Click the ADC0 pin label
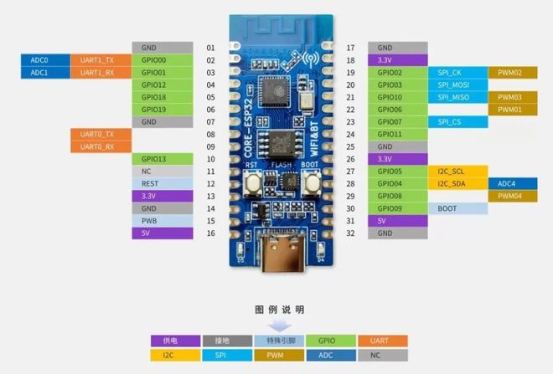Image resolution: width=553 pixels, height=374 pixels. (x=45, y=60)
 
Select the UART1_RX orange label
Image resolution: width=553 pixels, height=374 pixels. (x=101, y=73)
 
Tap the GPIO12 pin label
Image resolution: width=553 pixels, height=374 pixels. (x=163, y=85)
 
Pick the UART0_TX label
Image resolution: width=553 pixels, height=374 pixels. (x=101, y=134)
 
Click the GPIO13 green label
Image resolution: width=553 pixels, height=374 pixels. (x=163, y=159)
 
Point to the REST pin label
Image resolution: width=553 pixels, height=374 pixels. (x=163, y=183)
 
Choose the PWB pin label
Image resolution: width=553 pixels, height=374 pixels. (x=163, y=221)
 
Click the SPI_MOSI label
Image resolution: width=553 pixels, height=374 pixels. (x=458, y=85)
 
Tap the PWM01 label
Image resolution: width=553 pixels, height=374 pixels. (x=513, y=110)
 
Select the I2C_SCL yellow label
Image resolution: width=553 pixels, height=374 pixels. (x=458, y=172)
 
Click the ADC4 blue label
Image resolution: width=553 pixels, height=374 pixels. (x=513, y=183)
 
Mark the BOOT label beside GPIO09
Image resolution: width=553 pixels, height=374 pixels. (x=458, y=208)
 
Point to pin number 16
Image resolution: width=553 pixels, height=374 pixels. (x=211, y=233)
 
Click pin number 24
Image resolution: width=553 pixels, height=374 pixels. (x=350, y=134)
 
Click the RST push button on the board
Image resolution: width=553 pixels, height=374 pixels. (x=253, y=182)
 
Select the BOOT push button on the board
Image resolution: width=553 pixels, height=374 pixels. (x=312, y=182)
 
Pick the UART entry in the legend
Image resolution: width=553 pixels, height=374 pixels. (x=383, y=341)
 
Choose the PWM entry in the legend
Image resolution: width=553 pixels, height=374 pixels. (x=279, y=356)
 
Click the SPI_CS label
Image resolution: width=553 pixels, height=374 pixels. (x=458, y=122)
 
